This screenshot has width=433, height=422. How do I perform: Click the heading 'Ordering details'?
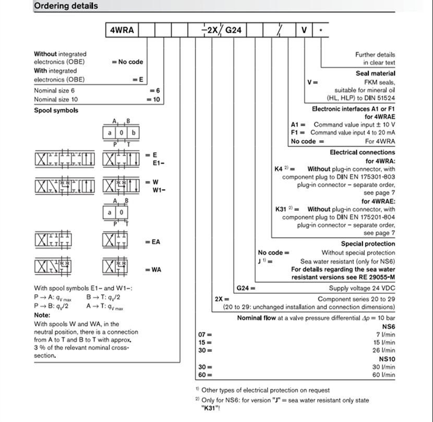pos(65,6)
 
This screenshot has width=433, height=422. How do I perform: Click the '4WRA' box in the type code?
pos(122,30)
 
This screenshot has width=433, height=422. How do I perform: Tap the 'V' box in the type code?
pos(304,30)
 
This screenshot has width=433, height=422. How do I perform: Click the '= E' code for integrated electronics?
pos(138,79)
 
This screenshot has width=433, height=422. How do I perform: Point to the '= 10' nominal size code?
pos(154,99)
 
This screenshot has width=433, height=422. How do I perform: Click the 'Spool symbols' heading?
pos(56,110)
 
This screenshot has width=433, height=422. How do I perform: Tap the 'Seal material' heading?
pos(375,73)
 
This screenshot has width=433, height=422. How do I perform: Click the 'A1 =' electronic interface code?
pos(298,125)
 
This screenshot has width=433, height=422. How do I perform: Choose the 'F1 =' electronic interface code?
pos(298,132)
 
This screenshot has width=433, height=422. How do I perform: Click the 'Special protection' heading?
pos(368,243)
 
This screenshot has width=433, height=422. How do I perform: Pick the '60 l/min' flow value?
pos(384,375)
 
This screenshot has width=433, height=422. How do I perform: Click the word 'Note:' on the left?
pos(42,315)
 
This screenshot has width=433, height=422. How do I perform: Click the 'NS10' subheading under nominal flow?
pos(387,359)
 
